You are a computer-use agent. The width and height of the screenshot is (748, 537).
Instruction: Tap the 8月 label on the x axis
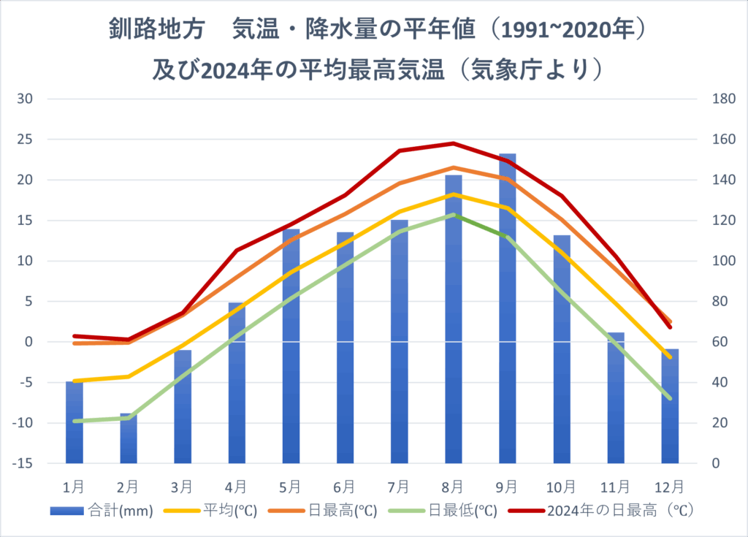coord(453,485)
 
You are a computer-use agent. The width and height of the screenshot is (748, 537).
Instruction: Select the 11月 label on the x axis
coord(615,485)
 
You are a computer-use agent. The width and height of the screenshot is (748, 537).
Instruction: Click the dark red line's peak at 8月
coord(453,143)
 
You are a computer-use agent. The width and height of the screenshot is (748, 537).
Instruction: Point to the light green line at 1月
coord(75,421)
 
